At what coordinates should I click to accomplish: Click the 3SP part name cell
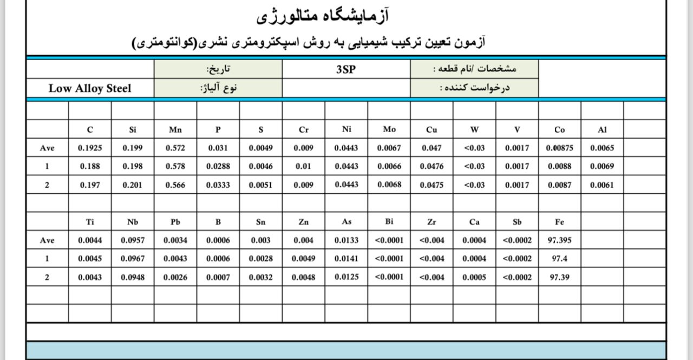point(346,69)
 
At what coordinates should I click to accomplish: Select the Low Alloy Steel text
point(90,88)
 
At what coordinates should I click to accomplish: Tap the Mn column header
point(175,129)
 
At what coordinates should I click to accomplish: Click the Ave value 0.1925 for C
point(90,148)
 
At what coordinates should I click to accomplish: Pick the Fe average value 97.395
point(560,240)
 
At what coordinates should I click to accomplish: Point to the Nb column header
point(133,222)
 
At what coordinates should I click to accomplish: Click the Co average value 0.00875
point(560,148)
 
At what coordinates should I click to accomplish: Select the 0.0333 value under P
point(218,185)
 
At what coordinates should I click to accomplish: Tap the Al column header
point(602,129)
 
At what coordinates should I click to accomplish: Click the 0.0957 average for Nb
point(133,240)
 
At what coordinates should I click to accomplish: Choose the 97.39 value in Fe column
point(560,277)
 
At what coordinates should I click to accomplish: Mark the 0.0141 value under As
point(346,259)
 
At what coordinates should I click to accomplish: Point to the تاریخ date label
point(218,69)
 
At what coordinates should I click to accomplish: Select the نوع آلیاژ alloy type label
point(218,88)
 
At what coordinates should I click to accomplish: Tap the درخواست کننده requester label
point(475,88)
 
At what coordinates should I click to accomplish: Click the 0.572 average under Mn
point(175,148)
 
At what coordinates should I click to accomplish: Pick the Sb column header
point(517,222)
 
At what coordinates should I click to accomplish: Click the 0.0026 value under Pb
point(175,277)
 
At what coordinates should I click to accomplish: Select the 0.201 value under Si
point(133,185)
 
